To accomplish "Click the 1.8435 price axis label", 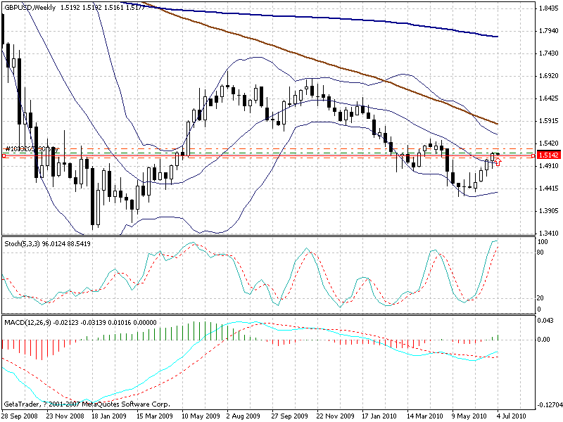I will [548, 8].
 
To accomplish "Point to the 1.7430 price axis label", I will [548, 53].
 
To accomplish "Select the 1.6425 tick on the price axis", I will [548, 98].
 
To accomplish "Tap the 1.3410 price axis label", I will [548, 234].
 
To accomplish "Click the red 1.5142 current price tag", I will [548, 155].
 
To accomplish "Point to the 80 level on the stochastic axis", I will [542, 251].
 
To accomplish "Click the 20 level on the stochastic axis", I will [542, 298].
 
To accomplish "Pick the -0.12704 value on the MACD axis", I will [548, 404].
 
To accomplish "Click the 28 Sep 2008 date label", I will [20, 416].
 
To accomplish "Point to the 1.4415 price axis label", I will [548, 188].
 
